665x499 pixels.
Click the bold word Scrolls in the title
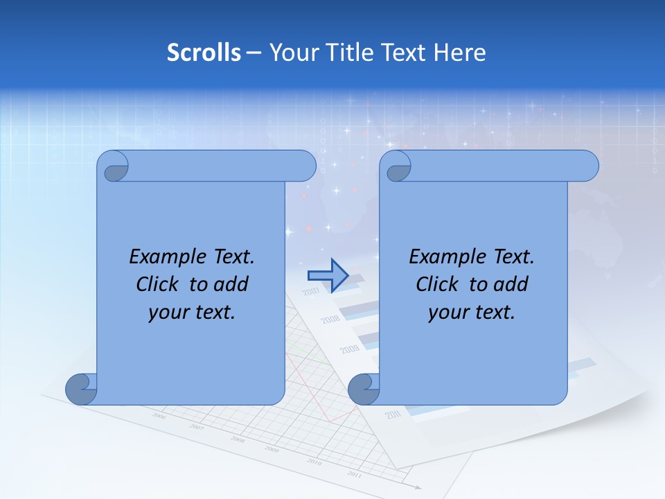pyautogui.click(x=204, y=53)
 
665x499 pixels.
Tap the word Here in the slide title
pyautogui.click(x=459, y=53)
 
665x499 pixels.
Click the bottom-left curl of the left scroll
pyautogui.click(x=80, y=389)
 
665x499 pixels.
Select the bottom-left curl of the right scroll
pyautogui.click(x=362, y=389)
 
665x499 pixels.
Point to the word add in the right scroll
pyautogui.click(x=511, y=285)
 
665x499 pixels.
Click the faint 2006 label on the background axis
pyautogui.click(x=159, y=417)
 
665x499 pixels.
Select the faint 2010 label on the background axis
pyautogui.click(x=314, y=462)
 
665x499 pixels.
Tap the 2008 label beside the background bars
pyautogui.click(x=330, y=319)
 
